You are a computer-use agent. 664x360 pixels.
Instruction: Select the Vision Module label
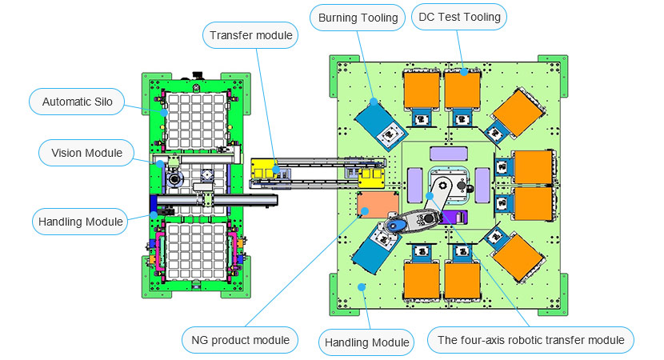[87, 153]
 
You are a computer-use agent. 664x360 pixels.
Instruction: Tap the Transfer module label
[251, 35]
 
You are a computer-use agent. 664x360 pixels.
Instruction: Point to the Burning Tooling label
[358, 18]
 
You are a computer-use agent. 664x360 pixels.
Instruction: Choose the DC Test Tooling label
[460, 16]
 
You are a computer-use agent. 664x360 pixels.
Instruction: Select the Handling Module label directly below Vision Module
[79, 221]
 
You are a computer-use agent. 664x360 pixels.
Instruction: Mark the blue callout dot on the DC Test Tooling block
[464, 72]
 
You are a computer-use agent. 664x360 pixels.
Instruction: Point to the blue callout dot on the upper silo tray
[163, 111]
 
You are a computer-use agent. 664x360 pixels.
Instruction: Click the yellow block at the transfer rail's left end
[265, 169]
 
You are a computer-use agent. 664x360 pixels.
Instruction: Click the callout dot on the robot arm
[430, 195]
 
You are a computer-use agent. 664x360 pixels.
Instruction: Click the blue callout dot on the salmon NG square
[365, 211]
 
